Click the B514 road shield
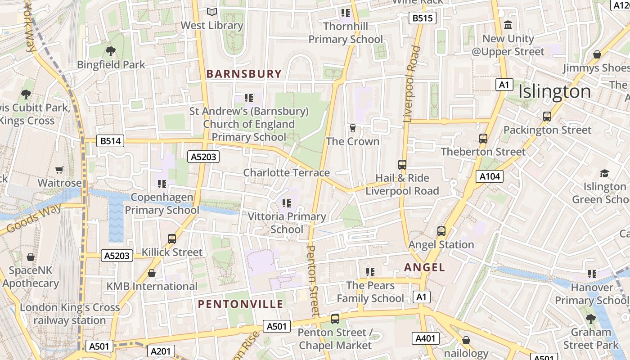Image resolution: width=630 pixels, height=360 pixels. click(x=110, y=141)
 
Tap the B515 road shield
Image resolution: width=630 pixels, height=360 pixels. click(x=423, y=18)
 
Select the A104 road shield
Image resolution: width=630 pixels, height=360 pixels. click(x=490, y=176)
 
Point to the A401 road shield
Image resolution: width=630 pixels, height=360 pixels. click(x=425, y=338)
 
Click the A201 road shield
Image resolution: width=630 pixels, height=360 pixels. click(x=161, y=351)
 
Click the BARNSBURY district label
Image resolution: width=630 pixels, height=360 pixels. click(x=244, y=74)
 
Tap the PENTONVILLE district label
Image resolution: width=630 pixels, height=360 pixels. click(x=241, y=304)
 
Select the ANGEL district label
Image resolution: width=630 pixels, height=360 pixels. click(x=424, y=267)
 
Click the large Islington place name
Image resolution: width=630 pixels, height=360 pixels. click(x=554, y=91)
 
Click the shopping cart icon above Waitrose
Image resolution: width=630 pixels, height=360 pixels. click(x=59, y=170)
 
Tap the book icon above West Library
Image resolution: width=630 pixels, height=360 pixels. click(x=211, y=12)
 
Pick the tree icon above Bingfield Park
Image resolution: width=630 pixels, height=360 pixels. click(x=110, y=51)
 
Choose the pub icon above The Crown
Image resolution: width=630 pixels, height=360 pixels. click(x=353, y=128)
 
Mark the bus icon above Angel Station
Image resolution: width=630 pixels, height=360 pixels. click(x=441, y=231)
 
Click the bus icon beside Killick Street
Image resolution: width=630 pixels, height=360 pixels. click(x=172, y=239)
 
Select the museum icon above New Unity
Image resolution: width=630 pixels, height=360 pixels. click(x=508, y=25)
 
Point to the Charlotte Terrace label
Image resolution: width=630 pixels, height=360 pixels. click(x=287, y=173)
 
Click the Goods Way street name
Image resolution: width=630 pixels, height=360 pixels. click(x=34, y=219)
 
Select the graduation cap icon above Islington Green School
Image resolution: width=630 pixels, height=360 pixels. click(x=604, y=173)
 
